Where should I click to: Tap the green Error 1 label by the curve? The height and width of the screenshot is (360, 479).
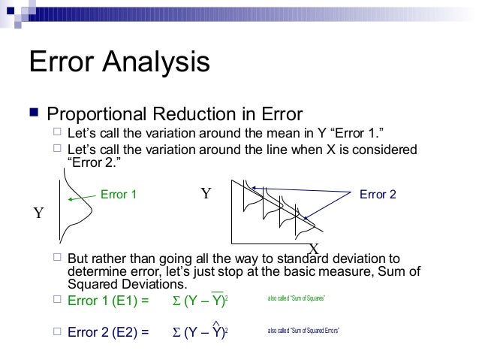pos(119,195)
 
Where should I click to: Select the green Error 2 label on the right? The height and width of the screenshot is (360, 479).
pos(378,195)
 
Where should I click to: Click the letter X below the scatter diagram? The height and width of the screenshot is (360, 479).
pos(315,249)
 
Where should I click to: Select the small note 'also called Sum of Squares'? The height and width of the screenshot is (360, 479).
pos(297,299)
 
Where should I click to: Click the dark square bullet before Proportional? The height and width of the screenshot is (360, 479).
pos(32,114)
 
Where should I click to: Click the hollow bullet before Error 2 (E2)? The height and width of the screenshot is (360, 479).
pos(58,331)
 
